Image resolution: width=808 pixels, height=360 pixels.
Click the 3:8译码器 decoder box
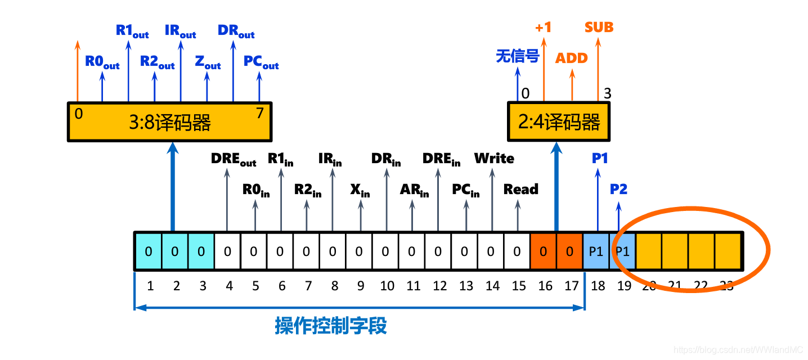click(169, 122)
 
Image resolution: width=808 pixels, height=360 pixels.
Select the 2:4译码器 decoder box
click(558, 122)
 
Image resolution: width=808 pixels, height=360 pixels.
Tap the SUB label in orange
click(599, 27)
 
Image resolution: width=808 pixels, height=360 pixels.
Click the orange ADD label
click(571, 58)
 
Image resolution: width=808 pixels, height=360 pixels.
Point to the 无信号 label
click(517, 56)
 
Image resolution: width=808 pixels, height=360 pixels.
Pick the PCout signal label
click(261, 62)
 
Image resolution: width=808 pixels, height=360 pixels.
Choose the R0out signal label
click(102, 62)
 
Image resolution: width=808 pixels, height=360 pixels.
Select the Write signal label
click(494, 159)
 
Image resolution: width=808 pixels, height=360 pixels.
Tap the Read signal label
click(520, 190)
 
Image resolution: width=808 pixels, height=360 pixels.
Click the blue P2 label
click(618, 189)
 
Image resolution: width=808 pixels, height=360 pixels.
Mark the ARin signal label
click(414, 190)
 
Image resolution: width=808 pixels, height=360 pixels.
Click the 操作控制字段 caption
click(331, 326)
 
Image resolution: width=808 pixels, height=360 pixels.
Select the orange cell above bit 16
click(543, 251)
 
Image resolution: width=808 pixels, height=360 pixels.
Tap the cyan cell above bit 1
click(148, 251)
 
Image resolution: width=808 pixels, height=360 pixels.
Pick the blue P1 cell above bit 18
click(596, 251)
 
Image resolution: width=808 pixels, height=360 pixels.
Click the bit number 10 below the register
click(387, 286)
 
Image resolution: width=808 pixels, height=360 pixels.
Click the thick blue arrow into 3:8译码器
click(173, 186)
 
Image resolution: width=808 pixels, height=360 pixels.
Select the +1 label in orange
click(543, 27)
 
